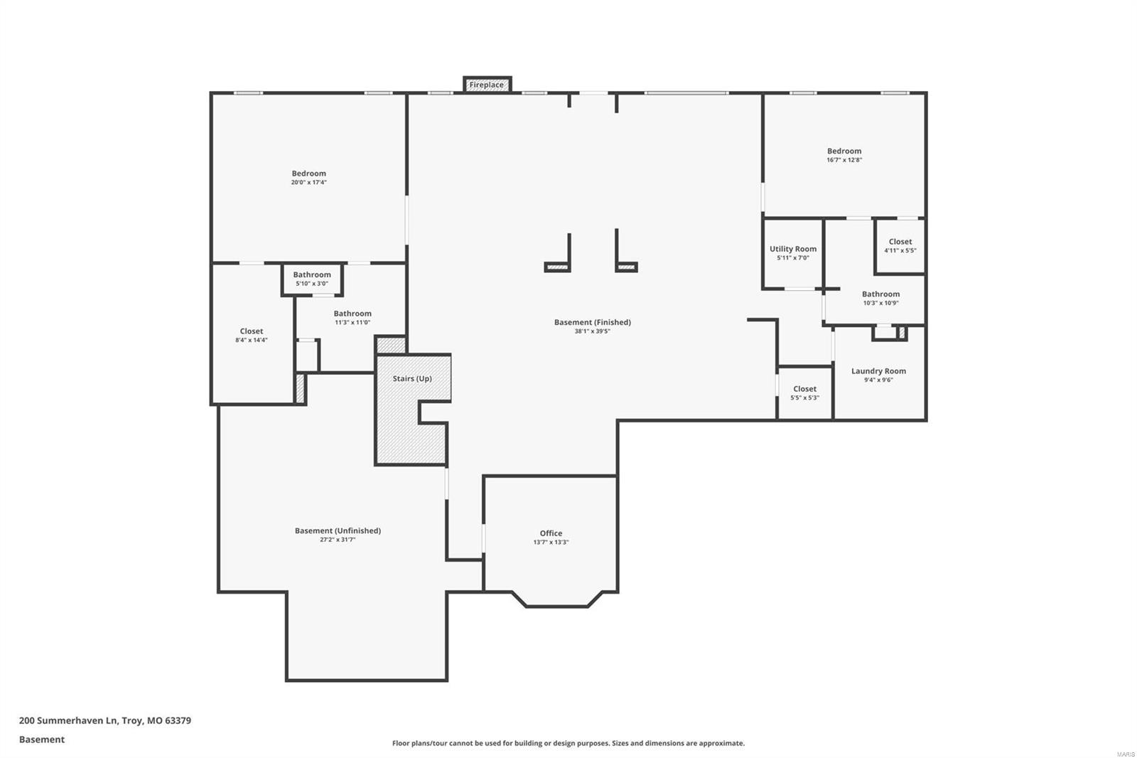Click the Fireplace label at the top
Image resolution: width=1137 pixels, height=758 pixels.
pyautogui.click(x=487, y=85)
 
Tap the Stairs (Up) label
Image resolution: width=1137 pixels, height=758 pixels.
pyautogui.click(x=412, y=378)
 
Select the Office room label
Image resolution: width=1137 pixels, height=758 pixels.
pyautogui.click(x=551, y=533)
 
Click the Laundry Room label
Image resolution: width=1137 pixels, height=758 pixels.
pyautogui.click(x=878, y=370)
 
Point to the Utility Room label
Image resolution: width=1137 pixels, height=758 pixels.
pyautogui.click(x=793, y=249)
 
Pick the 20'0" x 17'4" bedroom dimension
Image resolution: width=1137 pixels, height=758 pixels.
pyautogui.click(x=308, y=183)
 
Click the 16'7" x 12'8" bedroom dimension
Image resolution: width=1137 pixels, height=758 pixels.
pyautogui.click(x=844, y=160)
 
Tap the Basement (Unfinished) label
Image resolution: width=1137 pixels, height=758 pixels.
pyautogui.click(x=338, y=530)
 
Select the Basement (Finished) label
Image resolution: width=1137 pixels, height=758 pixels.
pyautogui.click(x=592, y=322)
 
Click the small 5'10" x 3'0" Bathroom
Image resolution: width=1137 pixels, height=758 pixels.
pyautogui.click(x=312, y=279)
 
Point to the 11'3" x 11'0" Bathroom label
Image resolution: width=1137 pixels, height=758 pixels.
pyautogui.click(x=352, y=314)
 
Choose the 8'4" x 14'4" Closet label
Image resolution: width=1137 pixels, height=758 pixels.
pyautogui.click(x=252, y=331)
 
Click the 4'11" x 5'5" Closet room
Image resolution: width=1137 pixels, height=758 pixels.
pyautogui.click(x=900, y=245)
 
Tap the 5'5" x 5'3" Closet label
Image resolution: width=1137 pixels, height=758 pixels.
pyautogui.click(x=804, y=389)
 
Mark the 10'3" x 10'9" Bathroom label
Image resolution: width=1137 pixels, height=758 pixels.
pyautogui.click(x=880, y=294)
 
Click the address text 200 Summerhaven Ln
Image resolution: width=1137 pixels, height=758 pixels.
pyautogui.click(x=104, y=720)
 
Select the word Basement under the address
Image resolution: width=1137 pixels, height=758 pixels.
pyautogui.click(x=42, y=740)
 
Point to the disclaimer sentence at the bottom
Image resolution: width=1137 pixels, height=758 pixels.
pyautogui.click(x=568, y=743)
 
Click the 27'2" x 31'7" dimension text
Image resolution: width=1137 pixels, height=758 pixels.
pyautogui.click(x=338, y=540)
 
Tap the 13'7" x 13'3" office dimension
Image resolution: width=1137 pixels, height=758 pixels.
pyautogui.click(x=551, y=543)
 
